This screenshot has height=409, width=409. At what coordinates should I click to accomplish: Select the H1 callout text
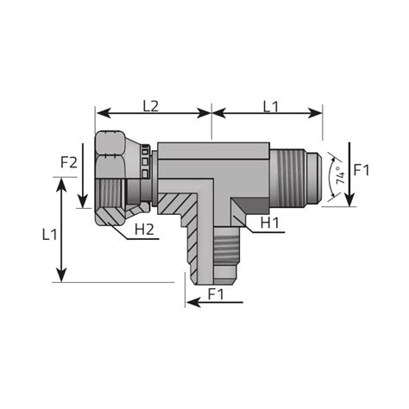[x=269, y=223]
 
